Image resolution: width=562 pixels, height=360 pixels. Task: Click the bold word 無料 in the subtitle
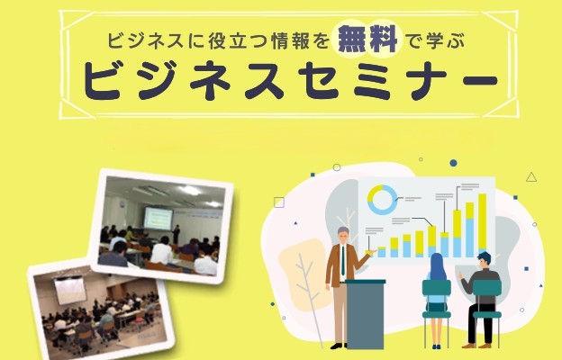(367, 39)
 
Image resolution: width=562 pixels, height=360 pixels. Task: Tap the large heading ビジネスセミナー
(290, 82)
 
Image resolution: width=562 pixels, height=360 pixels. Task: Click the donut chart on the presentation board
(383, 200)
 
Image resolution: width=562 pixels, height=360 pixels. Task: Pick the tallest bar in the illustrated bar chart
(483, 225)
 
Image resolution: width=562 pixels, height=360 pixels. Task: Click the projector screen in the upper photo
(159, 219)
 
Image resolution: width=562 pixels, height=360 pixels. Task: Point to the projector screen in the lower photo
(70, 291)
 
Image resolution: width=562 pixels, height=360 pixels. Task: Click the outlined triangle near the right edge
(531, 177)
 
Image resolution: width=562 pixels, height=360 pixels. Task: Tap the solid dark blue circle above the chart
(453, 163)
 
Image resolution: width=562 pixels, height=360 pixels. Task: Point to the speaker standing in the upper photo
(177, 235)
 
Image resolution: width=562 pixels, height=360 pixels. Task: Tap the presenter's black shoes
(339, 346)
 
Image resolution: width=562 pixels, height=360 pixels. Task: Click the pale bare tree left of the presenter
(307, 293)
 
